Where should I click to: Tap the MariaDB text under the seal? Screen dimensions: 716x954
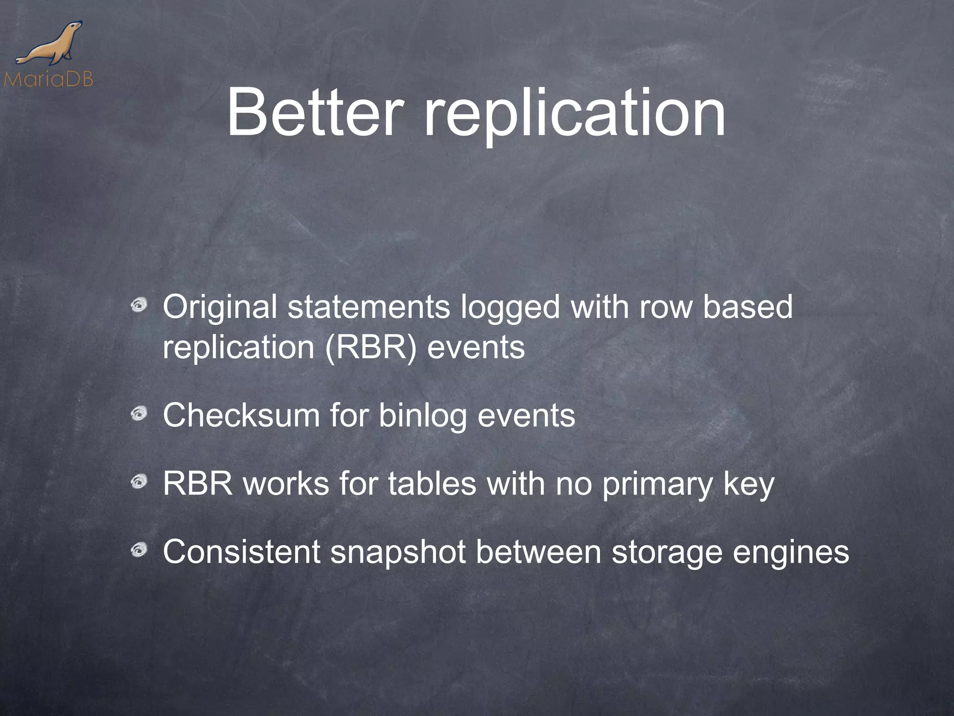(48, 79)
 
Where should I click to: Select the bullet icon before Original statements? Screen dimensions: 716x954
(139, 306)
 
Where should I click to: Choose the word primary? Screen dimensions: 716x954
(657, 485)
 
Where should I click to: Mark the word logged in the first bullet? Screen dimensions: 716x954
(510, 309)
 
